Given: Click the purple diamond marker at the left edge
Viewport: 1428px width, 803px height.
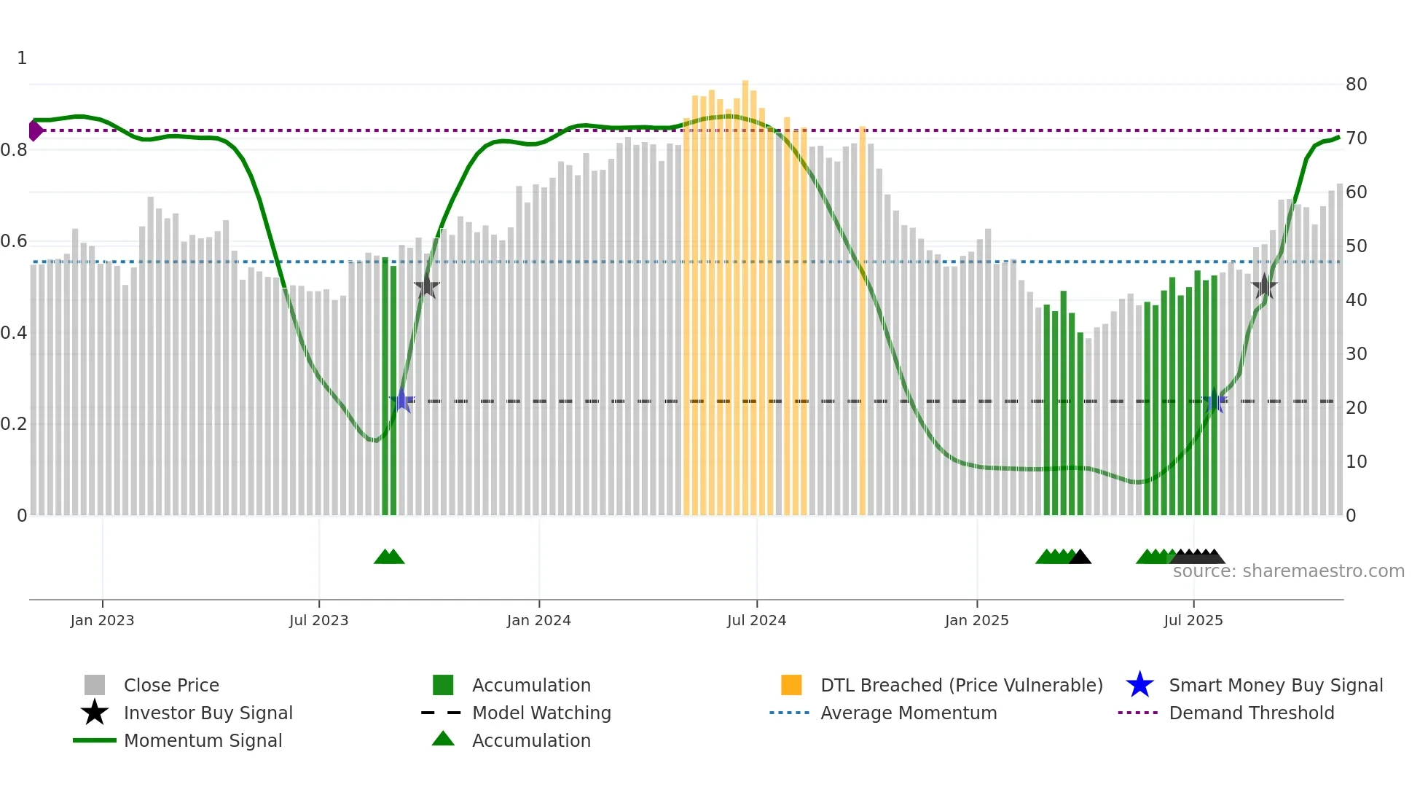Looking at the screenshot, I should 35,130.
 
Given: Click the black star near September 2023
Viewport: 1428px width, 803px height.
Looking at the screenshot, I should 427,287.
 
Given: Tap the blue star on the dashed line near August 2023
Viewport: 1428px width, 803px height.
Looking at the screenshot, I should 401,400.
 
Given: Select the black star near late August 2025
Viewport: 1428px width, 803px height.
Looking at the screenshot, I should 1264,286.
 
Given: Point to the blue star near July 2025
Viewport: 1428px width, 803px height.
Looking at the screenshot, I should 1215,402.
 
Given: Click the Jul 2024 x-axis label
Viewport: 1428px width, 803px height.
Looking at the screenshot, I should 756,620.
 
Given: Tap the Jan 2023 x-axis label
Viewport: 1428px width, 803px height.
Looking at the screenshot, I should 102,620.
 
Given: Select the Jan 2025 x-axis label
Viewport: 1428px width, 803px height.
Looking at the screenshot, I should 976,620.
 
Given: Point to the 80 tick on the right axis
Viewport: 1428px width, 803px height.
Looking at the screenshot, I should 1356,85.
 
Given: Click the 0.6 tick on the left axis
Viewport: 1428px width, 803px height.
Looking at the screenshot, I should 14,241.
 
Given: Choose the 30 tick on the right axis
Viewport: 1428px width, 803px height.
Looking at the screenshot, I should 1356,354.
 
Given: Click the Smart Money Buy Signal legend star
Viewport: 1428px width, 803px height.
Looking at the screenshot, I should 1139,685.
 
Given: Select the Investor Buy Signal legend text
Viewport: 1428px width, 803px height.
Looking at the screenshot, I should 208,713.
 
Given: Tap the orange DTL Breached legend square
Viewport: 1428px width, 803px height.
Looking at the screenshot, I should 791,685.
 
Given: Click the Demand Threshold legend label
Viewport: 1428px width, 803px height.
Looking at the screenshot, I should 1251,713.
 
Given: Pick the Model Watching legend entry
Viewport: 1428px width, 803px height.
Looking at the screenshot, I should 541,713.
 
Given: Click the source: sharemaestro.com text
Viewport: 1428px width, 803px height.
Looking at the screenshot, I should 1288,571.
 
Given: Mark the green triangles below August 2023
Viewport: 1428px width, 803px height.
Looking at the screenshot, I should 389,557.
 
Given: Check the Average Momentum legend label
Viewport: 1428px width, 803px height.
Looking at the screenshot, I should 908,713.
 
